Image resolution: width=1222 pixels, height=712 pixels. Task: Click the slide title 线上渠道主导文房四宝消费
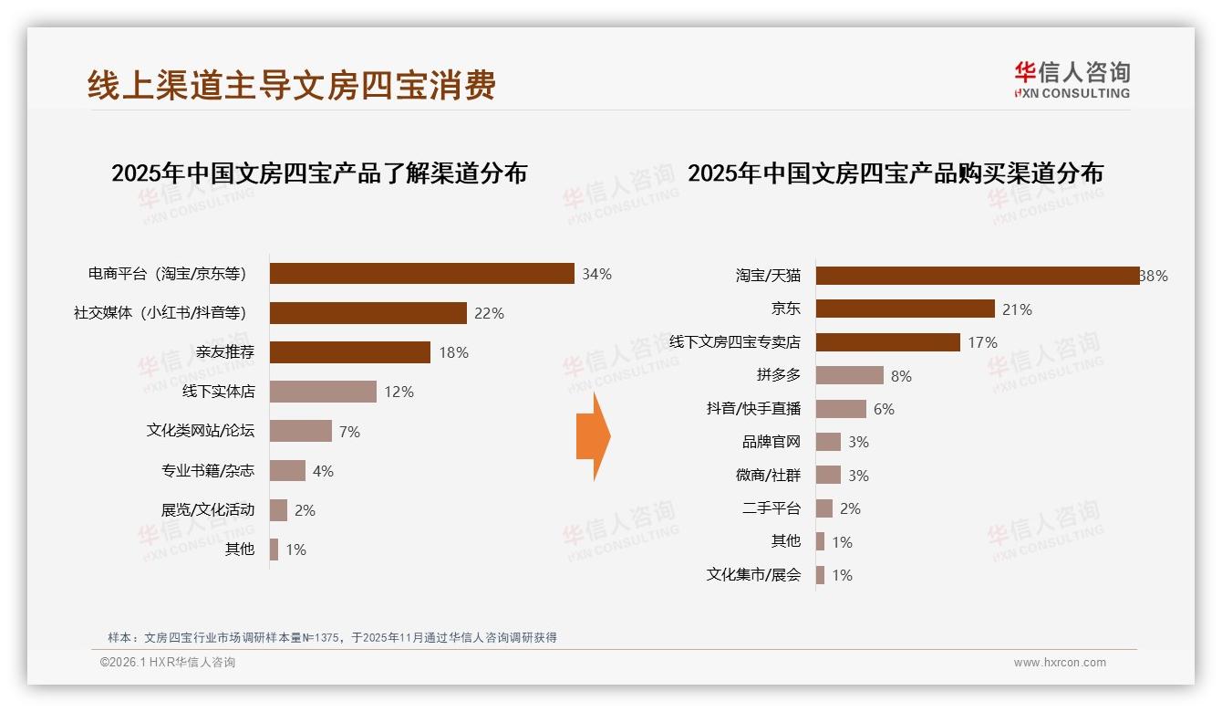[292, 85]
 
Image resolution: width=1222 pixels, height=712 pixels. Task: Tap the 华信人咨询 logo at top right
[1072, 79]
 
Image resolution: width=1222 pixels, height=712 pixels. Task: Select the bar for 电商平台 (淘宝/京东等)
[421, 274]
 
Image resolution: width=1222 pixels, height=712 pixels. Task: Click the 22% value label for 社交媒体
[489, 313]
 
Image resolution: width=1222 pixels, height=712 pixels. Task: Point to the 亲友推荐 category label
[225, 352]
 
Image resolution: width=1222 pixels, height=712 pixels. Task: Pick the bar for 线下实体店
[323, 392]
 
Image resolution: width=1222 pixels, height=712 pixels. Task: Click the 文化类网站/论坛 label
[201, 431]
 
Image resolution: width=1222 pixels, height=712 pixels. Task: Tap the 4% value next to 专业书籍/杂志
[323, 471]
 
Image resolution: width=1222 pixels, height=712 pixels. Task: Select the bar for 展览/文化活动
[278, 510]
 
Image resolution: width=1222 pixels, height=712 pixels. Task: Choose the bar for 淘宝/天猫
[977, 276]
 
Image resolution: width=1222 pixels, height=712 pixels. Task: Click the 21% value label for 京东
[1017, 309]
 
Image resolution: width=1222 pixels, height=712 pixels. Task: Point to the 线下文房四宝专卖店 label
[734, 342]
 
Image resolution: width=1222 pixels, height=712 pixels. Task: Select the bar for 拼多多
[849, 375]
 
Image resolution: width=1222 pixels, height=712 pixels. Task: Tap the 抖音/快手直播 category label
[753, 409]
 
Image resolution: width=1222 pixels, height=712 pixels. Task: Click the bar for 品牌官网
[828, 442]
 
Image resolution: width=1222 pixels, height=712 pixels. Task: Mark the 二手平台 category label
[771, 508]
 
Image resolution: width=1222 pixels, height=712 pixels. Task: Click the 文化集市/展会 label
[753, 575]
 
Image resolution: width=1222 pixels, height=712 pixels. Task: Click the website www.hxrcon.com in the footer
[1060, 663]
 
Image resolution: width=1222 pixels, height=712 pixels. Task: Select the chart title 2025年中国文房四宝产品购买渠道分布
[895, 173]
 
